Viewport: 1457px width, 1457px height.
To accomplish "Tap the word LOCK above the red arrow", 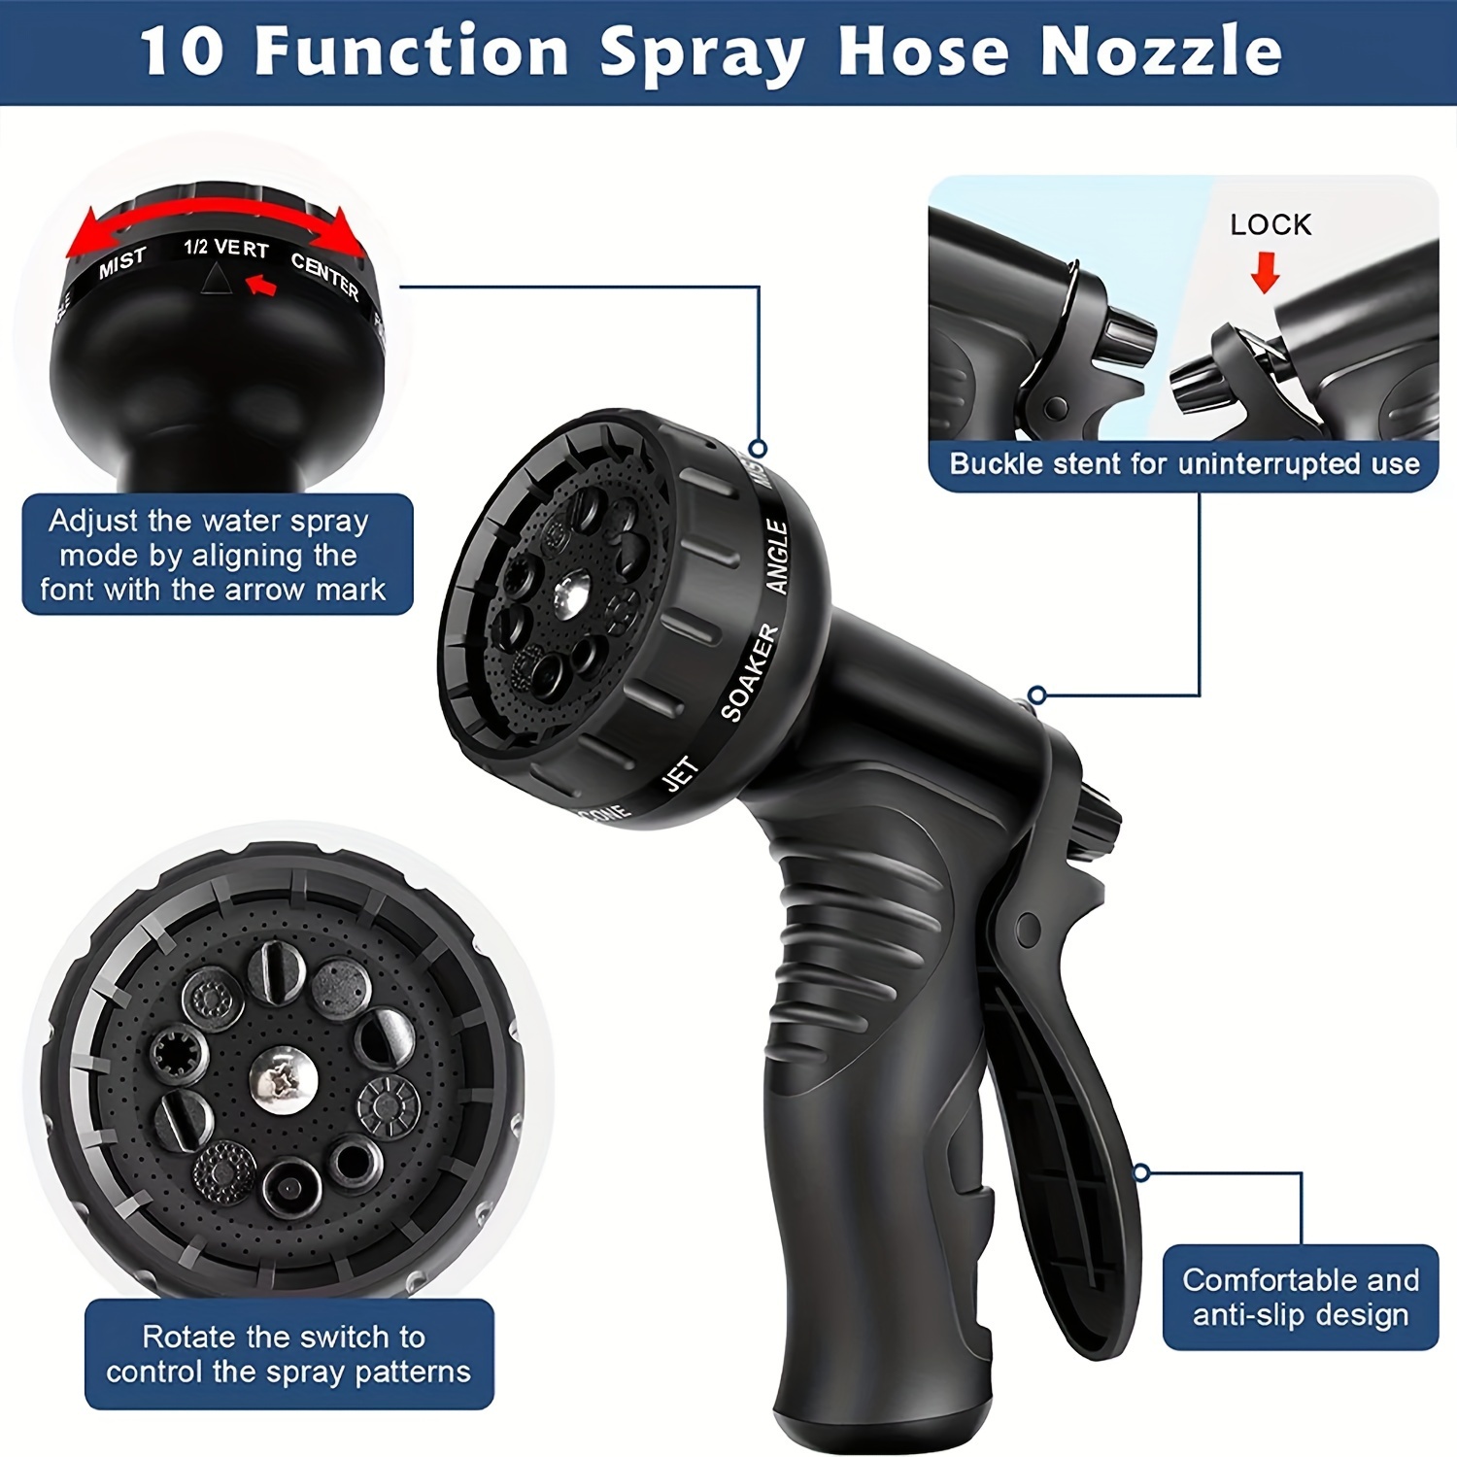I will [1270, 224].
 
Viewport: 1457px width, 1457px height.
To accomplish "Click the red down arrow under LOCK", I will [1265, 273].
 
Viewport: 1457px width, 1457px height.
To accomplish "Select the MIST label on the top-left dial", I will [122, 262].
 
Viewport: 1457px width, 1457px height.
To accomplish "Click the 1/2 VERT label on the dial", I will [226, 248].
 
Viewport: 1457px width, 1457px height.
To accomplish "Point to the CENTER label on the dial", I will [325, 276].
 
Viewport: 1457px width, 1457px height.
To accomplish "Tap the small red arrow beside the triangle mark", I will [261, 285].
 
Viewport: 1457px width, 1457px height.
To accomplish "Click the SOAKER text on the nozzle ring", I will [750, 672].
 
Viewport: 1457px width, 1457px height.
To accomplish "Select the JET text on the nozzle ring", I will [681, 774].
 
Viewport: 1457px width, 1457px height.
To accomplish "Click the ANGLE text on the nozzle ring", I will [777, 556].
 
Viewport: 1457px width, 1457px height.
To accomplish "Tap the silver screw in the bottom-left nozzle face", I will [283, 1079].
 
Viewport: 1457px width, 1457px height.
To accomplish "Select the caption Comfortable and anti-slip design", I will [1300, 1297].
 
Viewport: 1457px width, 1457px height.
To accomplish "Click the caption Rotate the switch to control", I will [288, 1354].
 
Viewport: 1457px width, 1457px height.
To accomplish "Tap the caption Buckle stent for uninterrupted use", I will [1184, 464].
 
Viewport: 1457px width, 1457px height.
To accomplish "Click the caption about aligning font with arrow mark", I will [216, 555].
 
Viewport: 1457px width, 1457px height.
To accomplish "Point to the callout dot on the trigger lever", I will [1142, 1173].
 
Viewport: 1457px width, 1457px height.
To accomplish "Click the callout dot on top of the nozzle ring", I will [759, 448].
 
